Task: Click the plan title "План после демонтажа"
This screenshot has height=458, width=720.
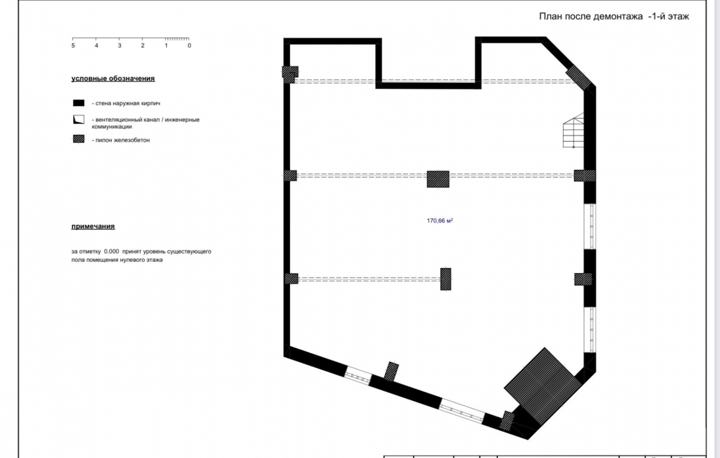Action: [591, 16]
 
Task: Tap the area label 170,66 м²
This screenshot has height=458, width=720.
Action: [439, 220]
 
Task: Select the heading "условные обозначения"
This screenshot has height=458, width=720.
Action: [113, 79]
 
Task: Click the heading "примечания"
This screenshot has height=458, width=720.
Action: [93, 226]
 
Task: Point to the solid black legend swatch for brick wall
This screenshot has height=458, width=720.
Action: [79, 103]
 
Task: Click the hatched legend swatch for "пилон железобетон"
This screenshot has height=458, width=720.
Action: [79, 139]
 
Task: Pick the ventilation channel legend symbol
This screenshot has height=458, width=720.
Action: [79, 120]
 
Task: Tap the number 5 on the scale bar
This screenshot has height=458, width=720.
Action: [73, 46]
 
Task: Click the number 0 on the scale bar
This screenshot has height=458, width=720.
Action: [189, 46]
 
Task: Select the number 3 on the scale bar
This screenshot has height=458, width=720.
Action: [119, 46]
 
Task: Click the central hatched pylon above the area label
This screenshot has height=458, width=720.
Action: [437, 179]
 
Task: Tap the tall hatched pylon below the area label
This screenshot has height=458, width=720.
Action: [446, 279]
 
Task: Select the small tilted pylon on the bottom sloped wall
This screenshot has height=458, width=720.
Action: [392, 371]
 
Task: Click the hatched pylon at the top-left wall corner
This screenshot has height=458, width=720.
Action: [289, 74]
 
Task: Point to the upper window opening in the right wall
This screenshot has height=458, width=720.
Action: [589, 226]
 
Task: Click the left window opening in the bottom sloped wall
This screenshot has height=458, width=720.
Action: [357, 375]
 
